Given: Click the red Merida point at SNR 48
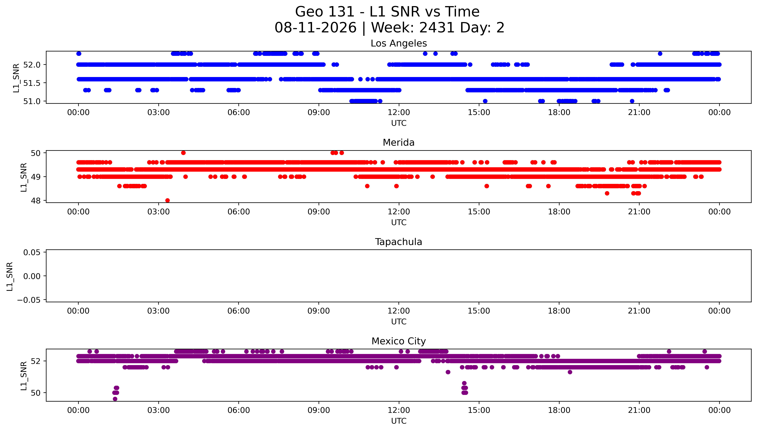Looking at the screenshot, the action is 168,200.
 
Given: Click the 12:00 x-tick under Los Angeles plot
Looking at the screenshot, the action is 399,113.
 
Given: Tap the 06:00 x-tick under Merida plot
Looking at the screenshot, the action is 239,212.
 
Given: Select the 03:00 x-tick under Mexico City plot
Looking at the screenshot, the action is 158,410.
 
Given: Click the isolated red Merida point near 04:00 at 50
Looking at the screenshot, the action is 183,153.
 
